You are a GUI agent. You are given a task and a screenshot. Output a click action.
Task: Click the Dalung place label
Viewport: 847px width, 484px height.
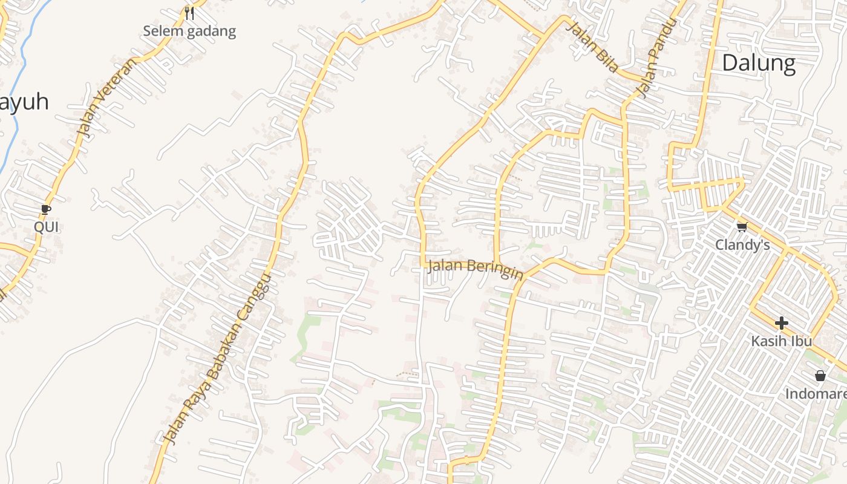[x=759, y=63]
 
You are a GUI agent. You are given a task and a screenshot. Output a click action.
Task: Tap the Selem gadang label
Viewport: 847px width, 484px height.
[x=189, y=31]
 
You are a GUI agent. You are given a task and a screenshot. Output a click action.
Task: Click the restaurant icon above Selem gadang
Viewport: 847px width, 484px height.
[x=189, y=13]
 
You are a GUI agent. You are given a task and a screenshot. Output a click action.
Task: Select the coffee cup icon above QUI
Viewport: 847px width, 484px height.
[x=45, y=210]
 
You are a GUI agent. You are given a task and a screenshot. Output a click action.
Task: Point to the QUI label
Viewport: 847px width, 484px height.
[x=47, y=227]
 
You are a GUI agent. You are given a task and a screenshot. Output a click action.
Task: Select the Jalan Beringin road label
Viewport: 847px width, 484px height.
[x=475, y=269]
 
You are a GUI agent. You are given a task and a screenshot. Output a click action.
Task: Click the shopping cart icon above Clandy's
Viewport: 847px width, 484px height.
[x=742, y=227]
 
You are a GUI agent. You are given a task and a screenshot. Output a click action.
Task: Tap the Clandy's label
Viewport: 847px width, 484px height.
[x=742, y=245]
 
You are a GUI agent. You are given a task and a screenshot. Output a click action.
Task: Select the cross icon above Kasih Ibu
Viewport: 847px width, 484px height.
[x=781, y=323]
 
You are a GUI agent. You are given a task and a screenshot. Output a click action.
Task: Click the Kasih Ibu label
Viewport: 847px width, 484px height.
[x=781, y=341]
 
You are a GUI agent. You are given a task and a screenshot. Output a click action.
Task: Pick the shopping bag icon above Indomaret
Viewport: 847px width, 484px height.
[x=820, y=376]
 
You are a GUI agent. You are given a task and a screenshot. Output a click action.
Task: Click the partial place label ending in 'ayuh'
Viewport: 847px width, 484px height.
[x=24, y=102]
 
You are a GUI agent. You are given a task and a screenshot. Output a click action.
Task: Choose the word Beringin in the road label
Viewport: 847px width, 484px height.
[x=495, y=270]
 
